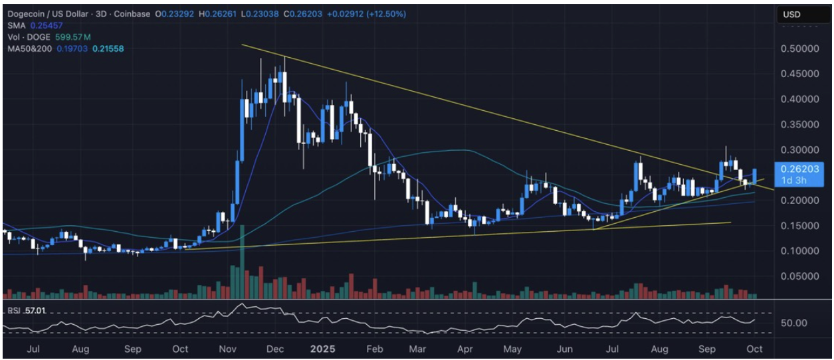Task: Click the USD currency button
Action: click(791, 15)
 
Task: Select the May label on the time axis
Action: click(512, 349)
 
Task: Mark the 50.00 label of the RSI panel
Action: click(793, 323)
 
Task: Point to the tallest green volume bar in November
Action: click(243, 262)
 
